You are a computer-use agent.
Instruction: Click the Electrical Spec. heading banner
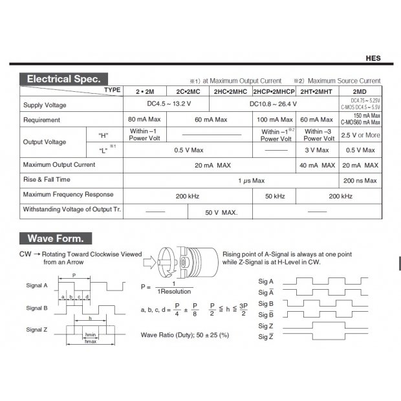click(63, 79)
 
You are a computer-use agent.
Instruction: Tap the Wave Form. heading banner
click(56, 238)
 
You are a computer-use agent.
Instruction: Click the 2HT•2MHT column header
click(316, 91)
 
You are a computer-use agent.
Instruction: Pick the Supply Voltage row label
click(45, 105)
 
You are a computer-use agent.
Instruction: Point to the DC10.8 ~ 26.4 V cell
click(274, 103)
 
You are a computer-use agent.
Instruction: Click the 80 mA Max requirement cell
click(144, 120)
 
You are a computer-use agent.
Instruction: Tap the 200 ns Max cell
click(360, 180)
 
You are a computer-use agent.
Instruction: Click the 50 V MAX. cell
click(221, 212)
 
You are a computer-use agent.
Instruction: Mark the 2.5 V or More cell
click(360, 135)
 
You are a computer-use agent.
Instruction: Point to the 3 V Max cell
click(316, 149)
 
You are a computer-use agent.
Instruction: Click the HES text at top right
click(373, 58)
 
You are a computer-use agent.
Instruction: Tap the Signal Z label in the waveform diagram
click(37, 329)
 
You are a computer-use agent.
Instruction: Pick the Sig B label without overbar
click(266, 303)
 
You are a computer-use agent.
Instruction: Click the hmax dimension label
click(91, 341)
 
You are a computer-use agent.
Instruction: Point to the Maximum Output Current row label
click(59, 164)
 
